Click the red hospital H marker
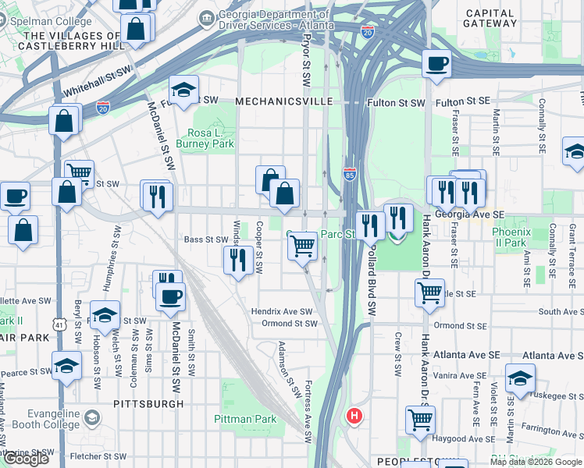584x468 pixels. (354, 416)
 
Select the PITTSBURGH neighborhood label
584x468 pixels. (148, 404)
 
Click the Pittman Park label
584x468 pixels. (245, 419)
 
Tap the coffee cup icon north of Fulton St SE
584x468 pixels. (436, 64)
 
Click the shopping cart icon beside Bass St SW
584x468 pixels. (302, 246)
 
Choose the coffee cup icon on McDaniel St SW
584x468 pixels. (171, 296)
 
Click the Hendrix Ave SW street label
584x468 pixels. (281, 311)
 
